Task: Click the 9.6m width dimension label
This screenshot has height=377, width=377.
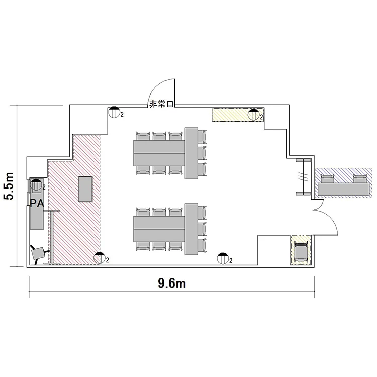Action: (172, 283)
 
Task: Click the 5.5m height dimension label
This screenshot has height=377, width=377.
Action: (9, 186)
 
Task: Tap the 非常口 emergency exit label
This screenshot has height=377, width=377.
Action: (161, 104)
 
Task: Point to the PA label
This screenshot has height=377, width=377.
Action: (37, 203)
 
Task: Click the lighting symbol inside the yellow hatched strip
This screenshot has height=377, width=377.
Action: (254, 115)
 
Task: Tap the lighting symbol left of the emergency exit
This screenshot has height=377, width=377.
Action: (114, 112)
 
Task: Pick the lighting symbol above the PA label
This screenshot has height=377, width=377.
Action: (36, 185)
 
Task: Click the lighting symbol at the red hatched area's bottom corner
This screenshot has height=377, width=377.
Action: (100, 258)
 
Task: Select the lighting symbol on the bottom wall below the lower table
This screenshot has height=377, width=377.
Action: (223, 258)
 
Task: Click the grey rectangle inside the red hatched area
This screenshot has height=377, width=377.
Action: (85, 189)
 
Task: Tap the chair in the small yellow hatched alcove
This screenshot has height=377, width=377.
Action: (301, 252)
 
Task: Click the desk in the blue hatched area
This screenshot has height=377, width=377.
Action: (344, 189)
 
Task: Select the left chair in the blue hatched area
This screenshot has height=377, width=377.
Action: (328, 179)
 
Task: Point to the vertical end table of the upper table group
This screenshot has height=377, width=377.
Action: (192, 153)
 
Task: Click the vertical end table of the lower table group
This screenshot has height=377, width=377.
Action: (192, 229)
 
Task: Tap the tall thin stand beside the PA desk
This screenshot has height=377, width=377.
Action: (52, 237)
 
